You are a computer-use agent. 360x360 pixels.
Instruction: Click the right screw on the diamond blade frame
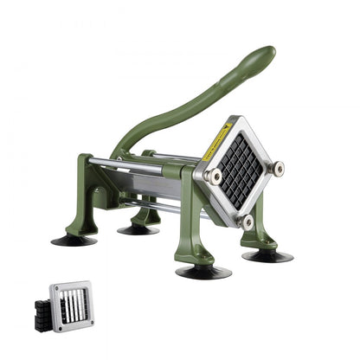(278, 168)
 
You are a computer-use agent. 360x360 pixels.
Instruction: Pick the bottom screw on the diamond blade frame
(248, 222)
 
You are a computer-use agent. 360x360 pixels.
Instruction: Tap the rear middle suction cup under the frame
(138, 229)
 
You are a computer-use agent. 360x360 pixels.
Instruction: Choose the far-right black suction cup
(267, 255)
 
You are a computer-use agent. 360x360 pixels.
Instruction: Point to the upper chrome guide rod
(130, 163)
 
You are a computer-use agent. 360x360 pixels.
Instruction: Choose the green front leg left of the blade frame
(196, 225)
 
